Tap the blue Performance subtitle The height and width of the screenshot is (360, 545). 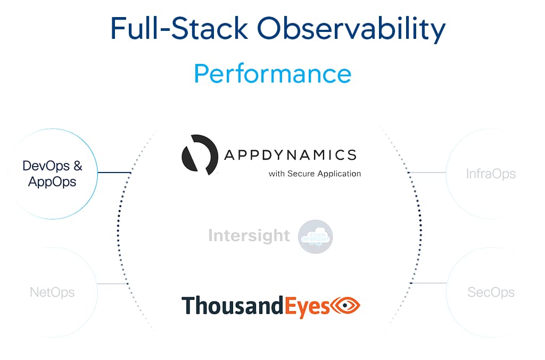[272, 73]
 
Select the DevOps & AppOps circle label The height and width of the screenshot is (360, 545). [52, 174]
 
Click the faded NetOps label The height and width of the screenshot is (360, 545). [52, 292]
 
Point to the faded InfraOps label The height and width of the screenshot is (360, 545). [491, 174]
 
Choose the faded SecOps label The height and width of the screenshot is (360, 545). [491, 292]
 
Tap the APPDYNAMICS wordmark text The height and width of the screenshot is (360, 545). [290, 155]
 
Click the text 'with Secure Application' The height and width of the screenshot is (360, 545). [315, 174]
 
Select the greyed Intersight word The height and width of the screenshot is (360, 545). [249, 235]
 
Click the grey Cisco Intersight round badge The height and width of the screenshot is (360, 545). [316, 236]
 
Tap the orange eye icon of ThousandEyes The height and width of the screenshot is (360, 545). [346, 305]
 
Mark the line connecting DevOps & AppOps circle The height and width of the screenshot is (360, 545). [114, 172]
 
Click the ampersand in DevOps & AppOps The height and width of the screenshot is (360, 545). [78, 166]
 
